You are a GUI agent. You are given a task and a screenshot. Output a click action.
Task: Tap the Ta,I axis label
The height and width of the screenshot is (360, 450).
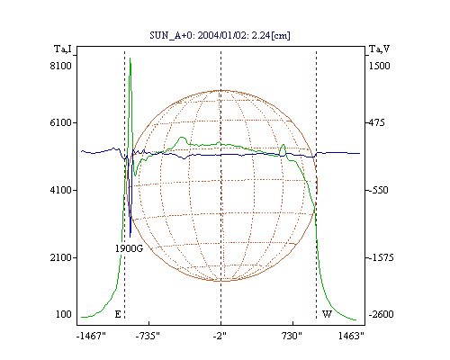click(63, 49)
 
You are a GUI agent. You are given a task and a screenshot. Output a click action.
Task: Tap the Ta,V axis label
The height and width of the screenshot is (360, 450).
click(379, 49)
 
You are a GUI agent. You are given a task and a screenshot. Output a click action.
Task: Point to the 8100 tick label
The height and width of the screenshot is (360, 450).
click(60, 66)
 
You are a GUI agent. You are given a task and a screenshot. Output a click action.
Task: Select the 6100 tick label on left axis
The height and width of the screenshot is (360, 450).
click(60, 122)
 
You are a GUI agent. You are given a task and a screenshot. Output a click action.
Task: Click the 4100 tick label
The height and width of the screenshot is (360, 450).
click(60, 190)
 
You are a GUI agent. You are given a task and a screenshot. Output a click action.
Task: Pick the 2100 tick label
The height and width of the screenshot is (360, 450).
click(60, 257)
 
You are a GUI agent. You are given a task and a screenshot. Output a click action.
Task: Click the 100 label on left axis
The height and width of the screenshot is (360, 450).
click(64, 314)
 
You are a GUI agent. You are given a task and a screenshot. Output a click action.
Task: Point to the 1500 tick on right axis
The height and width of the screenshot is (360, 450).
click(379, 66)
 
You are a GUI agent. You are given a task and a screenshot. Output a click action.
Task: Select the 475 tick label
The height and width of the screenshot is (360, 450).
click(376, 122)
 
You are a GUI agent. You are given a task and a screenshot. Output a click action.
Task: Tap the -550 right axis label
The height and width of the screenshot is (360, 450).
click(378, 190)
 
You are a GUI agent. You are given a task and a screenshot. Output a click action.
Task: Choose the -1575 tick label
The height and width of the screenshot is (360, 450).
click(381, 257)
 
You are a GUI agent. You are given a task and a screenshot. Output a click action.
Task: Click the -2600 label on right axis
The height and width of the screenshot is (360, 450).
click(381, 314)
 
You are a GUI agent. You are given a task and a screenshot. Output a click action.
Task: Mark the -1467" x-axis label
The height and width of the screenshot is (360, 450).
click(91, 336)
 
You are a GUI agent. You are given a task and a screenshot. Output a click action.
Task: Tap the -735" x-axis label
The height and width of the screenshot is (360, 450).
click(148, 336)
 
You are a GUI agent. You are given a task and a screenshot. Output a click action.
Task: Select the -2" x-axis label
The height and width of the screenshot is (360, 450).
click(220, 336)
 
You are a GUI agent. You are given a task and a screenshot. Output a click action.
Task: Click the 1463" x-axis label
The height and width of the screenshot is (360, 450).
click(351, 336)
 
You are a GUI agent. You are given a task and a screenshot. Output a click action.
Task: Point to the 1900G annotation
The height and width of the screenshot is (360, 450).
click(129, 248)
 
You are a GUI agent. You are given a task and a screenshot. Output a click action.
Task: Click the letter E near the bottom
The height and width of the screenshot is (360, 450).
click(118, 314)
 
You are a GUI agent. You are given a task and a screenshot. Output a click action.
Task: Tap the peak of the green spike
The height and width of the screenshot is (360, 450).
click(130, 58)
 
